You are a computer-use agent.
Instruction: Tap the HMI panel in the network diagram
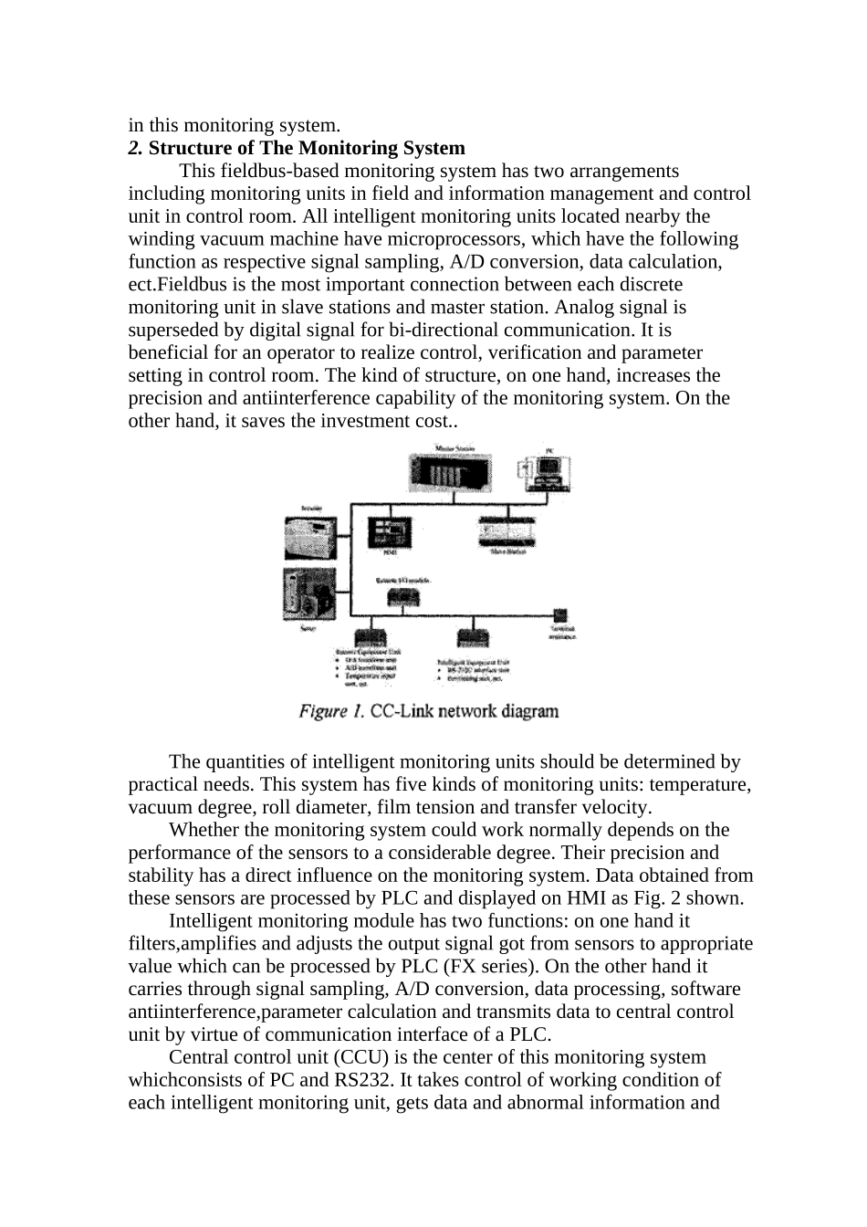tap(389, 531)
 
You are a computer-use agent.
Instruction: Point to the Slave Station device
tap(508, 532)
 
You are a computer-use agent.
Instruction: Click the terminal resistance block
tap(559, 616)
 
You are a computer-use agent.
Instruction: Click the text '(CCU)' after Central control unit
tap(337, 1057)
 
